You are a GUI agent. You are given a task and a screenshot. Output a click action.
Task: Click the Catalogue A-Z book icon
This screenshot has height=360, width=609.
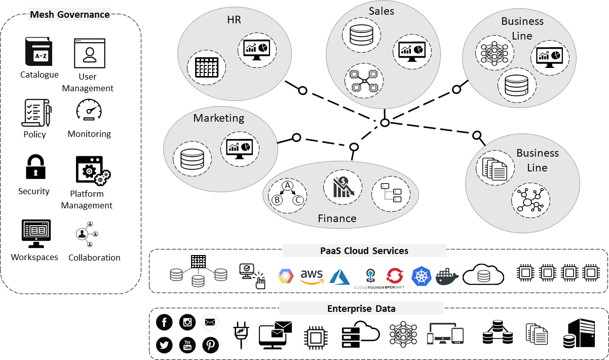click(39, 53)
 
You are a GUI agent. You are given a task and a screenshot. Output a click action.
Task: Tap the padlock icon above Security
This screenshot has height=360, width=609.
click(35, 167)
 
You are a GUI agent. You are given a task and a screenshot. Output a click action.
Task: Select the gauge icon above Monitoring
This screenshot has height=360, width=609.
click(89, 110)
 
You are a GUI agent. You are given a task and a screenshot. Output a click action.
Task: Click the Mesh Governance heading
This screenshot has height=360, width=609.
click(70, 14)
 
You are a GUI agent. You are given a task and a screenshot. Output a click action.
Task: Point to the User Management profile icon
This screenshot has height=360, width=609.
click(90, 53)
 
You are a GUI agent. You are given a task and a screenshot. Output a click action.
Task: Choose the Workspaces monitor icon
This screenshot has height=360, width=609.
click(36, 234)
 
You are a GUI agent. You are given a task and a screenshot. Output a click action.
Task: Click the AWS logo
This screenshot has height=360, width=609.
click(312, 276)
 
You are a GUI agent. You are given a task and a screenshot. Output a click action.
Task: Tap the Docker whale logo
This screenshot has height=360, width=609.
click(447, 276)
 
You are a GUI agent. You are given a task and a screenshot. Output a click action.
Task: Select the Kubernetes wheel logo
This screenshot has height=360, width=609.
click(421, 275)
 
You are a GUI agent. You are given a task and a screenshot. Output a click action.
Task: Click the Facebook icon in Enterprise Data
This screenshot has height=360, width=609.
click(165, 322)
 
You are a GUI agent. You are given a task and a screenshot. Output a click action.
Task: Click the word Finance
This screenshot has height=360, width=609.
click(337, 219)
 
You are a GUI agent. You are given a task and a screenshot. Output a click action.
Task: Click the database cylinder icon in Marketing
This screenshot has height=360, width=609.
click(192, 159)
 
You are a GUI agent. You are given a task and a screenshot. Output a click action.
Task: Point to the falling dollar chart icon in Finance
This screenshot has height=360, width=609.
click(342, 187)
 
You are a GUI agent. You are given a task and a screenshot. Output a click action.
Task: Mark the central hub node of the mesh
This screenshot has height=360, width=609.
click(385, 123)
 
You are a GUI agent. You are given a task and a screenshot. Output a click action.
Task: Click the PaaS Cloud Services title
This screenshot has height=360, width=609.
click(364, 250)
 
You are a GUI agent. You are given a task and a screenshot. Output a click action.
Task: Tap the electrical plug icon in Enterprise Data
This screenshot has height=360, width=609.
click(241, 335)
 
